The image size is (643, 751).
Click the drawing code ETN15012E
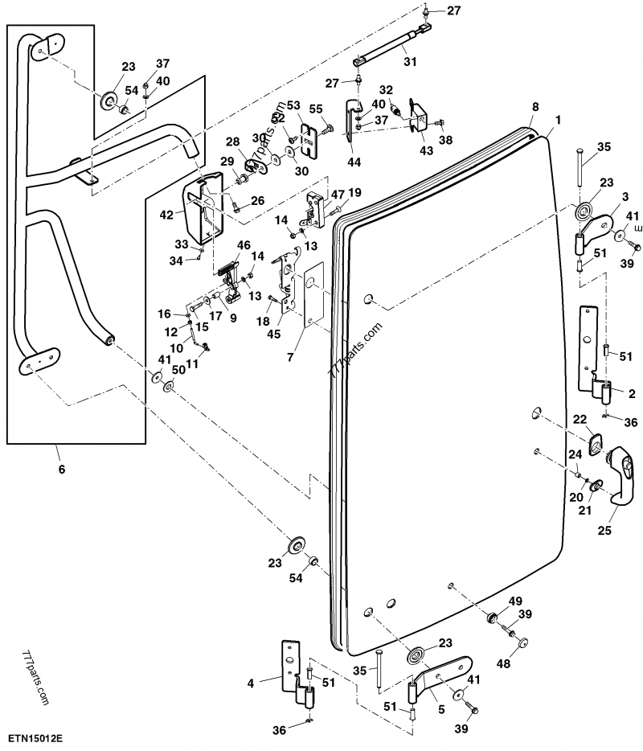pyautogui.click(x=37, y=737)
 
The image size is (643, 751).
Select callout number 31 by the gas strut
pyautogui.click(x=410, y=63)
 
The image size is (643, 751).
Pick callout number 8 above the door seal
pyautogui.click(x=534, y=107)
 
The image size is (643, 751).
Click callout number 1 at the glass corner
pyautogui.click(x=559, y=119)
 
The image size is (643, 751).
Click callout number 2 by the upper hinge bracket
pyautogui.click(x=633, y=394)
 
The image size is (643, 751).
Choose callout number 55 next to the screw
pyautogui.click(x=315, y=109)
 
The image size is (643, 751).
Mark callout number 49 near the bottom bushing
pyautogui.click(x=515, y=601)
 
